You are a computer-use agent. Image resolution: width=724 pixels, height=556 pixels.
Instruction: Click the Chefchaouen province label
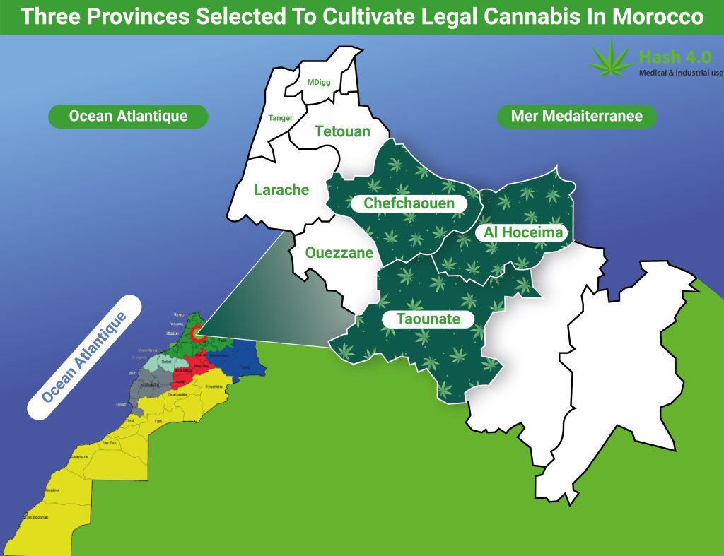409,203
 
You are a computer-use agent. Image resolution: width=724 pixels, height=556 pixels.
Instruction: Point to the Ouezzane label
339,253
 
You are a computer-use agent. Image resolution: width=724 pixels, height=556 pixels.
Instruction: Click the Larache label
281,189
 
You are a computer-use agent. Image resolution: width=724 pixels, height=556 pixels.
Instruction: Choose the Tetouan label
342,131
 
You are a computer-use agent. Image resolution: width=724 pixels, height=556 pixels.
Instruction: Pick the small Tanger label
280,118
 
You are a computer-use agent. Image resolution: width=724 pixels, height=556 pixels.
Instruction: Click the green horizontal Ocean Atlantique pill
128,117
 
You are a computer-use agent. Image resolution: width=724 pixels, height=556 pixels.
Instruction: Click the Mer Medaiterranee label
577,117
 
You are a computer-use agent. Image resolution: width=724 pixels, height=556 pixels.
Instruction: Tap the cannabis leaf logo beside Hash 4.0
612,59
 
